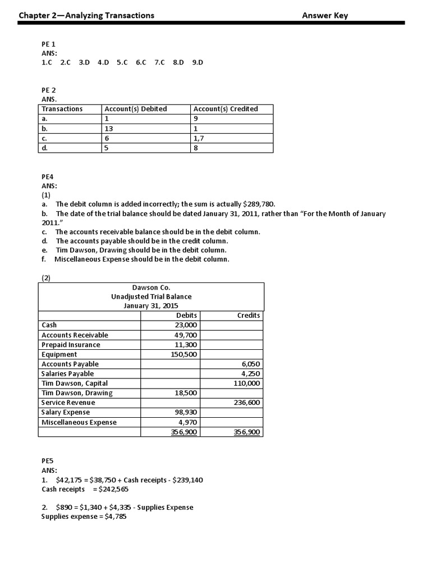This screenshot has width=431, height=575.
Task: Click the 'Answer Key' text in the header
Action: click(x=324, y=15)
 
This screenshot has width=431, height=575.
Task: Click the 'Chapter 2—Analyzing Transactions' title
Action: click(x=86, y=15)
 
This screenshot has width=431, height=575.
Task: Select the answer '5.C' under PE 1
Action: click(x=122, y=63)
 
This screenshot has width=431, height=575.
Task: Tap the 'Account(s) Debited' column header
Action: click(x=136, y=109)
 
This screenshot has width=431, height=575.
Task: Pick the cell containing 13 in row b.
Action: click(x=109, y=128)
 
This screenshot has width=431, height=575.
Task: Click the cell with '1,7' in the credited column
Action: click(x=199, y=138)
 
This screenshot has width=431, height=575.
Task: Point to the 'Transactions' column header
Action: click(x=62, y=109)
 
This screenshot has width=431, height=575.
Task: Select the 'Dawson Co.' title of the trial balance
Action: click(x=151, y=287)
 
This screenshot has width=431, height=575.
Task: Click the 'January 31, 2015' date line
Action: click(x=151, y=306)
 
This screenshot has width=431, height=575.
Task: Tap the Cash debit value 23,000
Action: click(x=186, y=325)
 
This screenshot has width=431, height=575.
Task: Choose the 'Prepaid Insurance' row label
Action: click(x=71, y=345)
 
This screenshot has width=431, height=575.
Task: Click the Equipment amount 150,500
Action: click(x=184, y=354)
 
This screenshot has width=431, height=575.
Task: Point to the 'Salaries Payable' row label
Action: click(x=67, y=373)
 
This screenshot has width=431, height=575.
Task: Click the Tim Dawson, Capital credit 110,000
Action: click(x=246, y=383)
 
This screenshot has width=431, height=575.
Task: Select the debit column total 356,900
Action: click(x=184, y=432)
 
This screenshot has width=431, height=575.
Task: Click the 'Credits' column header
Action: click(x=249, y=316)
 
